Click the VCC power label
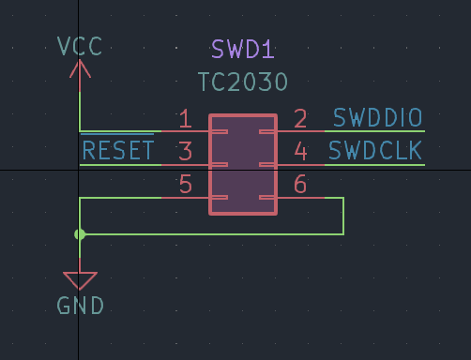80,46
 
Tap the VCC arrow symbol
80,69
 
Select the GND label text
80,306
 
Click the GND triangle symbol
80,279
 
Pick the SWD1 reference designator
243,50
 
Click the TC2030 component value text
243,82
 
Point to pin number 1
185,119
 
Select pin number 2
300,119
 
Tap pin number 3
185,152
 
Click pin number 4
300,152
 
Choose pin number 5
185,185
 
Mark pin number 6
300,185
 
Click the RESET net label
117,151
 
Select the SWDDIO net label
378,118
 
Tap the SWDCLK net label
375,151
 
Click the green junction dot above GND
80,234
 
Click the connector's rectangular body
243,164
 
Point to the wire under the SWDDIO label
375,131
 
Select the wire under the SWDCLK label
375,165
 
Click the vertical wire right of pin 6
343,216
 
